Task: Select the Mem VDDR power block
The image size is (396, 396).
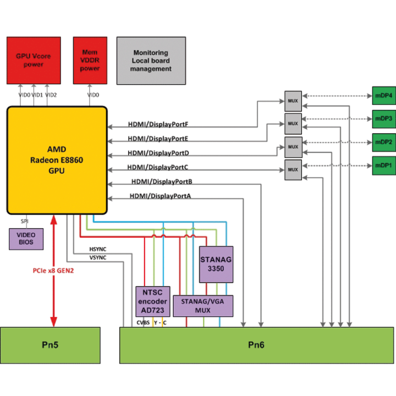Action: coord(90,61)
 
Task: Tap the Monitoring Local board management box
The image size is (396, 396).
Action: coord(151,61)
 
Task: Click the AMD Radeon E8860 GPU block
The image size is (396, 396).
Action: coord(57,159)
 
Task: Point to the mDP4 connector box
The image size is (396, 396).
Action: coord(383,95)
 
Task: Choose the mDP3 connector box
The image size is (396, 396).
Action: coord(383,118)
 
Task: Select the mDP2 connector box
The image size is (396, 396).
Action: coord(383,142)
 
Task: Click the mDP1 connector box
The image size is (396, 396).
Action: coord(383,166)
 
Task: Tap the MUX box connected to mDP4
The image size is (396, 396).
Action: coord(293,101)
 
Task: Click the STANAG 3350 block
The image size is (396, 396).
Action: coord(216,264)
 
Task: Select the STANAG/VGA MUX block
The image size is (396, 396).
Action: coord(203,306)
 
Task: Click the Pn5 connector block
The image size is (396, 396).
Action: coord(50,345)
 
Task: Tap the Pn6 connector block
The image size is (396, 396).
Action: coord(257,345)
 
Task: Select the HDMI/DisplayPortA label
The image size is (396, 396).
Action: coord(160,196)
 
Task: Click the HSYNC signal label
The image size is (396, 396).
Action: coord(98,250)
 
